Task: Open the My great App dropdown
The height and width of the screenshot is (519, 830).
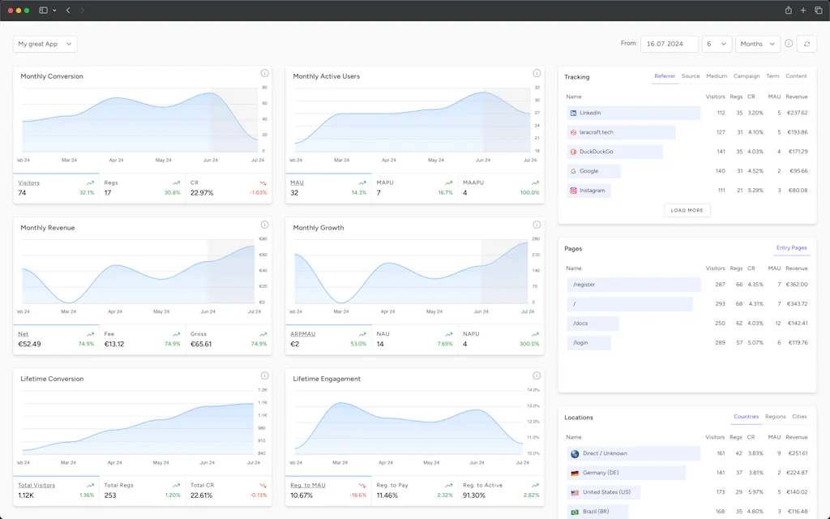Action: pyautogui.click(x=45, y=44)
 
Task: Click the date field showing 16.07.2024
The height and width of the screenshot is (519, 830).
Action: pyautogui.click(x=669, y=44)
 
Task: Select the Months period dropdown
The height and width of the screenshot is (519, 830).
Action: pyautogui.click(x=757, y=44)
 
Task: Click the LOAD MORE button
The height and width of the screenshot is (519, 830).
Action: pyautogui.click(x=687, y=210)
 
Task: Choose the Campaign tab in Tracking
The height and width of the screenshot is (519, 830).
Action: pyautogui.click(x=747, y=76)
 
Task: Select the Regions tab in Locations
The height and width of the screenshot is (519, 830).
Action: pyautogui.click(x=775, y=417)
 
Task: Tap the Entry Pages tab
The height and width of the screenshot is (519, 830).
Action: pyautogui.click(x=791, y=248)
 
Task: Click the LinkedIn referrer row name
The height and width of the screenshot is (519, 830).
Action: pyautogui.click(x=590, y=113)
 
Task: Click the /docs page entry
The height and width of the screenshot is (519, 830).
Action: pyautogui.click(x=581, y=324)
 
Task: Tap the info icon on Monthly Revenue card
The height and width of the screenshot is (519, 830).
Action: pyautogui.click(x=264, y=225)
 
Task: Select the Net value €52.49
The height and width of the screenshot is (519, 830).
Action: pyautogui.click(x=30, y=344)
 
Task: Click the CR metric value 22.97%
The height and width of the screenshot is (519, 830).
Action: pyautogui.click(x=202, y=193)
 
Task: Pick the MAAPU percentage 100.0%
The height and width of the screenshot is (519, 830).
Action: pyautogui.click(x=529, y=193)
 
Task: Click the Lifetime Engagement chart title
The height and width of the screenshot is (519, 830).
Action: pyautogui.click(x=327, y=379)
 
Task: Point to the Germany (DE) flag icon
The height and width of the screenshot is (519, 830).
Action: pyautogui.click(x=574, y=473)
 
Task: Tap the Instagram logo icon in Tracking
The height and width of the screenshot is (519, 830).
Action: pyautogui.click(x=573, y=191)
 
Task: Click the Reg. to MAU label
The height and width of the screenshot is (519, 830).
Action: pyautogui.click(x=307, y=485)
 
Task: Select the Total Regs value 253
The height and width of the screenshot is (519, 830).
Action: pyautogui.click(x=110, y=495)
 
